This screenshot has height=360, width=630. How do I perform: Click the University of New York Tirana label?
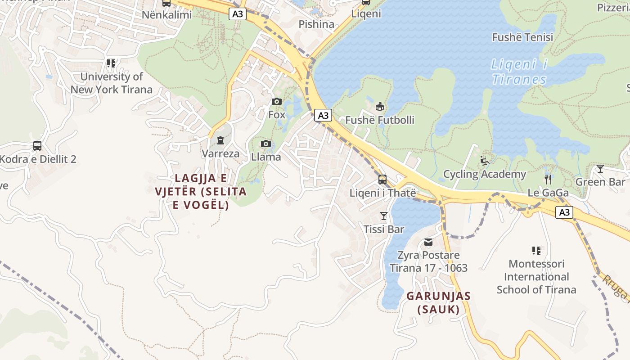tap(111, 83)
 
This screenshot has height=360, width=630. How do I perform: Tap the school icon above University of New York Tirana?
tap(111, 63)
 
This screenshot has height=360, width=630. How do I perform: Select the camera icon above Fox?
tap(276, 102)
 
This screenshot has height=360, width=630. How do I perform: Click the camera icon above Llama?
tap(266, 144)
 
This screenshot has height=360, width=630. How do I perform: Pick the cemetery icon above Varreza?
tap(220, 141)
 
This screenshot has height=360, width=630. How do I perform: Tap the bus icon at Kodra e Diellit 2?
tap(37, 146)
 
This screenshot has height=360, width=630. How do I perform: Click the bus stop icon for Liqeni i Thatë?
tap(382, 180)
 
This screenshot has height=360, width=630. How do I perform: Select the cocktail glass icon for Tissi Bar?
tap(383, 216)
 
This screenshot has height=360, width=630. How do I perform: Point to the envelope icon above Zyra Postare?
tap(428, 243)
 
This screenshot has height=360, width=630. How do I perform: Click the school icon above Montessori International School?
tap(536, 250)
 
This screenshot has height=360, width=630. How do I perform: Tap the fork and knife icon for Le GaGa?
tap(548, 180)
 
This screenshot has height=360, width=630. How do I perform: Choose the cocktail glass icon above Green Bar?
tap(600, 169)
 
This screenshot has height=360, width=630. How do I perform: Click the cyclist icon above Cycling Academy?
tap(484, 161)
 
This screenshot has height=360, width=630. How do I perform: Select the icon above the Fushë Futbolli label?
tap(379, 107)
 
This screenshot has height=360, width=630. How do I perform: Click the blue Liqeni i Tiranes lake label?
tap(519, 72)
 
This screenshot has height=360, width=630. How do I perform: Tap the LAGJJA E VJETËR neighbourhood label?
tap(201, 191)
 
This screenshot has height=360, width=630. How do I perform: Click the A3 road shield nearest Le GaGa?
tap(564, 212)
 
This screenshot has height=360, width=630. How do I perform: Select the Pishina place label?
tap(316, 24)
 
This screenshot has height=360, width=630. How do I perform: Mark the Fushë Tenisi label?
tap(522, 37)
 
